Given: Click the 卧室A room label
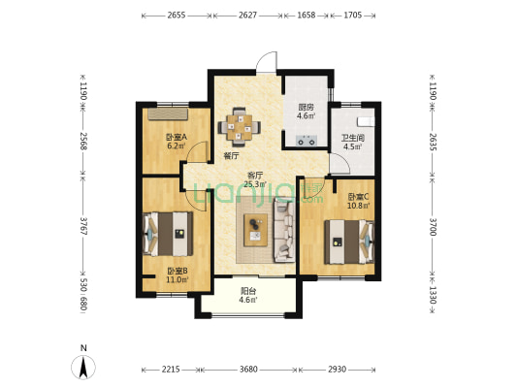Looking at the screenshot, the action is pyautogui.click(x=177, y=141).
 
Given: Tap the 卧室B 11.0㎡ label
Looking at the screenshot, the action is pyautogui.click(x=178, y=275).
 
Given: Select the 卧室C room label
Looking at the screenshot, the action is pyautogui.click(x=358, y=201).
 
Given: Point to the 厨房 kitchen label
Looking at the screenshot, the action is pyautogui.click(x=306, y=112).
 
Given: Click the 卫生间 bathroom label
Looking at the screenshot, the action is pyautogui.click(x=352, y=142).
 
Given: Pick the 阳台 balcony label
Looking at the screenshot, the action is pyautogui.click(x=248, y=296).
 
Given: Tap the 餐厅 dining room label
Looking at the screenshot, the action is pyautogui.click(x=231, y=156).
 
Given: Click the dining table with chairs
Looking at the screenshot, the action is pyautogui.click(x=240, y=127).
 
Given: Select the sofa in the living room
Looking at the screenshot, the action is pyautogui.click(x=284, y=232).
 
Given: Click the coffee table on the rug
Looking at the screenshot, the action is pyautogui.click(x=255, y=230).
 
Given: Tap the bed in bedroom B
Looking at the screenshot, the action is pyautogui.click(x=168, y=234).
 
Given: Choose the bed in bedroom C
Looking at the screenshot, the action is pyautogui.click(x=349, y=242).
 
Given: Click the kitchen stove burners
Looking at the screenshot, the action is pyautogui.click(x=307, y=141).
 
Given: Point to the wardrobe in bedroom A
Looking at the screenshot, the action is pyautogui.click(x=168, y=114).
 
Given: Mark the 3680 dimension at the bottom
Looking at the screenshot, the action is pyautogui.click(x=248, y=370).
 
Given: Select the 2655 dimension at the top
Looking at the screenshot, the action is pyautogui.click(x=177, y=16).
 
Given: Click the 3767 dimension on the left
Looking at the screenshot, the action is pyautogui.click(x=83, y=226).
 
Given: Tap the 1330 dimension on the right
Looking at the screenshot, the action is pyautogui.click(x=433, y=296).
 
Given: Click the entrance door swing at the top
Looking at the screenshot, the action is pyautogui.click(x=267, y=62).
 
